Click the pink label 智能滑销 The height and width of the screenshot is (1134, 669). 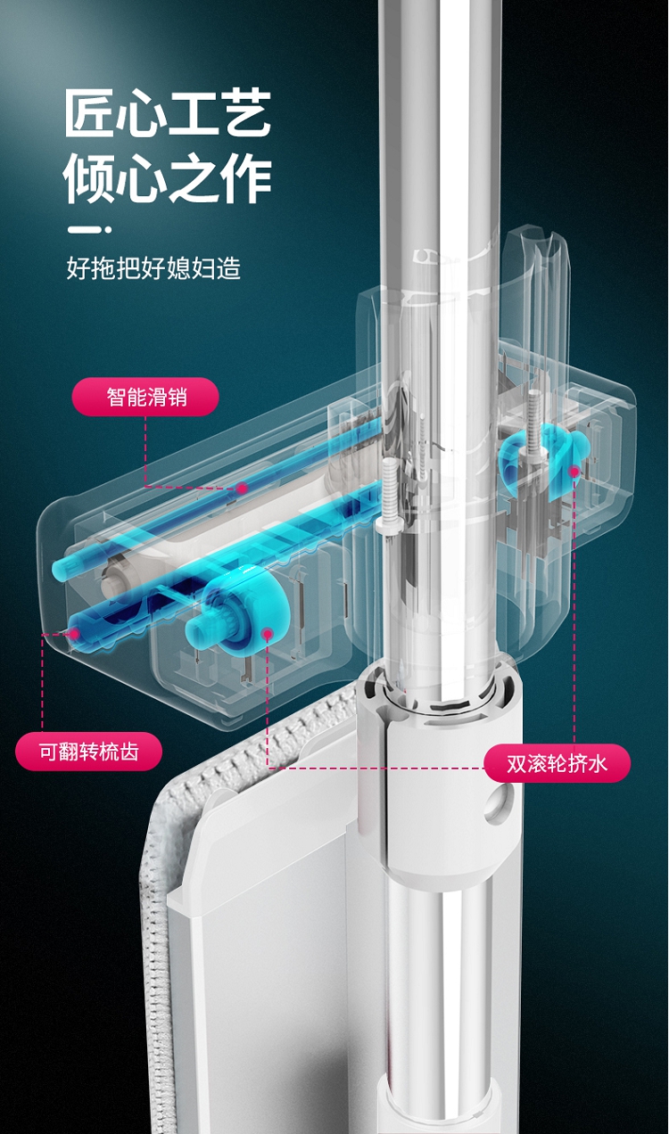click(x=146, y=398)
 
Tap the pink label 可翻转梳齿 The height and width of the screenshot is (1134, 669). click(x=88, y=752)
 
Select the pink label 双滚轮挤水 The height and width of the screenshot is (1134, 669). click(x=557, y=763)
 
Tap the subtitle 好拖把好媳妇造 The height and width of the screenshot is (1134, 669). click(x=153, y=267)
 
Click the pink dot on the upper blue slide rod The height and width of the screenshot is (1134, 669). click(x=242, y=488)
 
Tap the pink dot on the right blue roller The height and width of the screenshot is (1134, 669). click(x=574, y=472)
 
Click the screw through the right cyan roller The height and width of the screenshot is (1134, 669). click(x=534, y=431)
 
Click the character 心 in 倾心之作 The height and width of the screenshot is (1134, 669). click(x=142, y=179)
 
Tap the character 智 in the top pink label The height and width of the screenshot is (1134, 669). click(x=116, y=398)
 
